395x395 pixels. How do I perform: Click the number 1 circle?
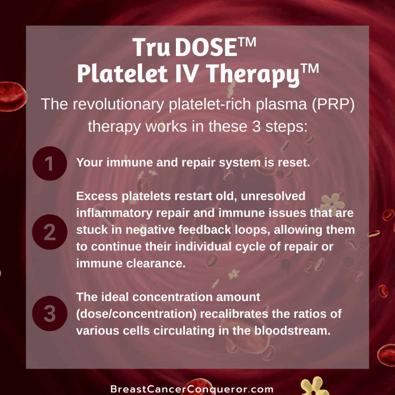pos(50,164)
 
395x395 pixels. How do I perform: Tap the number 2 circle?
pos(50,232)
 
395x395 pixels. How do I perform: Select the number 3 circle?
pos(50,313)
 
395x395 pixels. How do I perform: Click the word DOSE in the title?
pos(206,47)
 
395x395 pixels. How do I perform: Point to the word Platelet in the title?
pos(122,73)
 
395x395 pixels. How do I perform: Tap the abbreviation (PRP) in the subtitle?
pos(333,104)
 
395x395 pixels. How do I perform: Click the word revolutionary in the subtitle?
pos(118,104)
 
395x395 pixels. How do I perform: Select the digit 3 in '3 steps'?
pos(256,126)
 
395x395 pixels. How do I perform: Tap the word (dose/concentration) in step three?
pos(136,314)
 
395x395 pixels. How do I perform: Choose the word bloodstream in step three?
pos(292,331)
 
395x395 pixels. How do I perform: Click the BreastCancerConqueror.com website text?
pos(192,389)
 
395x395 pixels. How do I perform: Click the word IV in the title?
pos(186,73)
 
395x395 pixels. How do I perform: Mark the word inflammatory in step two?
pos(114,213)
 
